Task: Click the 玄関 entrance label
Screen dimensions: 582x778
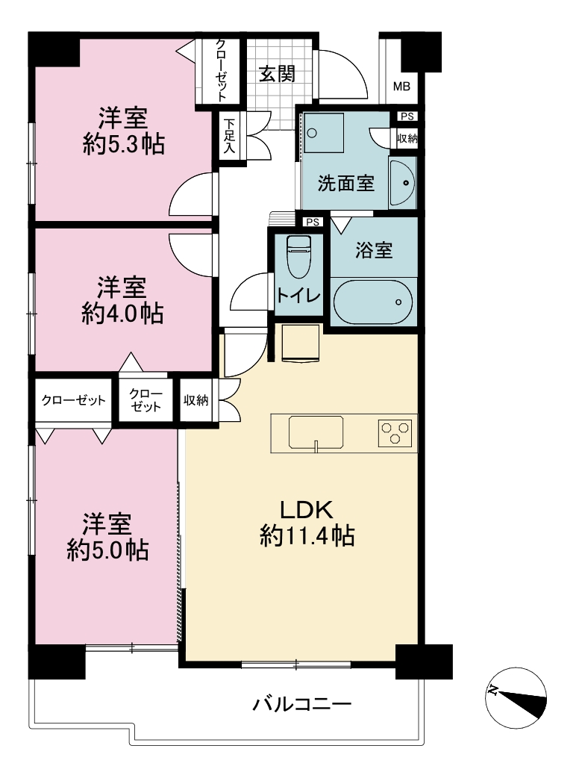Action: pos(277,74)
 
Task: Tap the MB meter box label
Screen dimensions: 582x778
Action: pos(401,87)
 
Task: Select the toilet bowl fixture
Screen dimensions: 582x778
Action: pos(298,257)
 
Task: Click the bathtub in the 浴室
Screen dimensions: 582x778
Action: pos(373,302)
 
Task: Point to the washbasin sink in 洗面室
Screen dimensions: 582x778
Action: pos(402,183)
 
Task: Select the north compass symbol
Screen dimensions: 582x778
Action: pos(516,697)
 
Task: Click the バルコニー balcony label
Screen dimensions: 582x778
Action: pos(302,703)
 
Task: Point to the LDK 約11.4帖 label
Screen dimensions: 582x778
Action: pos(307,523)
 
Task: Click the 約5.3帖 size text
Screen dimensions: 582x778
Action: pos(124,144)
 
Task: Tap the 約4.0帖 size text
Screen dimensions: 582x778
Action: pos(122,314)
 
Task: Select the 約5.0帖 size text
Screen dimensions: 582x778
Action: pos(107,550)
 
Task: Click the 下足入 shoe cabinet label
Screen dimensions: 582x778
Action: pos(228,135)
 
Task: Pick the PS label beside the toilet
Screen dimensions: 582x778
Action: pos(313,222)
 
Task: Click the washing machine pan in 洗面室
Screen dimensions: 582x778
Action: pos(324,133)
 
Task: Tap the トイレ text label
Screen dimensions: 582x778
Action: pos(298,296)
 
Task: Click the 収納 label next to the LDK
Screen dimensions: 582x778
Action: pos(195,400)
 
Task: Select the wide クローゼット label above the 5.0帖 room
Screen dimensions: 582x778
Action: pos(73,400)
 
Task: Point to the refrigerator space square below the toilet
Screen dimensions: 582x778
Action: pos(301,344)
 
